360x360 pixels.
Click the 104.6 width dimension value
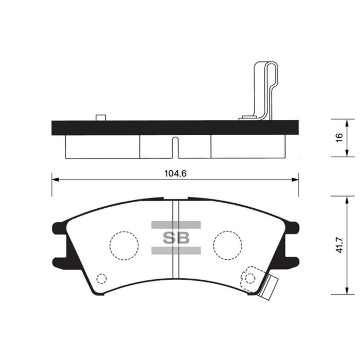175,174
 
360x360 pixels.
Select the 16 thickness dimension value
338,137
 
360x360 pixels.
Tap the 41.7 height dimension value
338,245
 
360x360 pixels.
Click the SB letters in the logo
176,238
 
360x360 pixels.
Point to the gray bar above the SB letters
176,225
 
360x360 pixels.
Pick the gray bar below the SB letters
176,250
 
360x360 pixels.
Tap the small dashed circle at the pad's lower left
102,279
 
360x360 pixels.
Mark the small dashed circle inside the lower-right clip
250,278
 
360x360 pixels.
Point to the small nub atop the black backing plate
101,118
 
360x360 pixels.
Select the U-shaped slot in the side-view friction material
175,147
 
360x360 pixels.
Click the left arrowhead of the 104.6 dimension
55,179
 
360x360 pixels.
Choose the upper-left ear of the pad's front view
59,227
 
